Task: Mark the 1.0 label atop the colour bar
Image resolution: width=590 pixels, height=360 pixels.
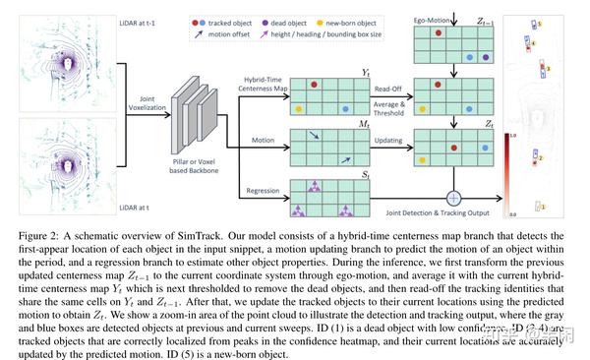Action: [x=511, y=135]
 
